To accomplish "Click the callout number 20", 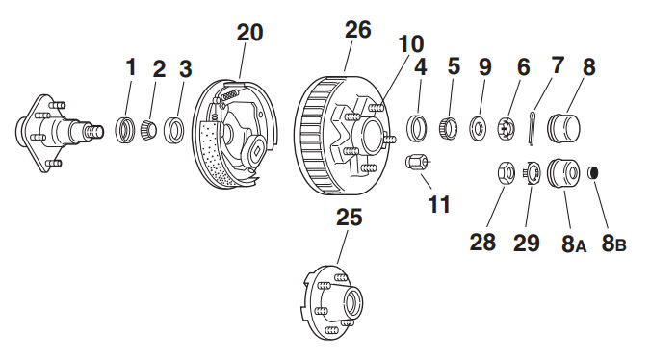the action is coord(249,33).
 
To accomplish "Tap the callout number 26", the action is coord(358,30).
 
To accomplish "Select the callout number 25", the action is coord(349,218).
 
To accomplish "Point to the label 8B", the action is coord(613,244).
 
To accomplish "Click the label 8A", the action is coord(574,244).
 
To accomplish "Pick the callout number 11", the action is coord(439,204).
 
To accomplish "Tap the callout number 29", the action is coord(527,243).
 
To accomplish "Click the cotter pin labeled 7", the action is coord(533,128).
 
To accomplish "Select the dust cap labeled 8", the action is coord(563,128).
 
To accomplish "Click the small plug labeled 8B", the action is coord(593,172).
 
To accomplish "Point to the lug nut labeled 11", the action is coord(416,162).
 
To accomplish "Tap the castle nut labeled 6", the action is coord(507,128).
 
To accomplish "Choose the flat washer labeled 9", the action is coord(479,128).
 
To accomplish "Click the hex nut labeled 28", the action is coord(507,172).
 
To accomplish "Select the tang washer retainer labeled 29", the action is coord(532,172).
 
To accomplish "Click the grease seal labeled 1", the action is coord(125,130).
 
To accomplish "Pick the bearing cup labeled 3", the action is coord(174,130).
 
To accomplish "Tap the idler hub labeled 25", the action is coord(331,302).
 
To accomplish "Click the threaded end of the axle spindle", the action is coord(94,132).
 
